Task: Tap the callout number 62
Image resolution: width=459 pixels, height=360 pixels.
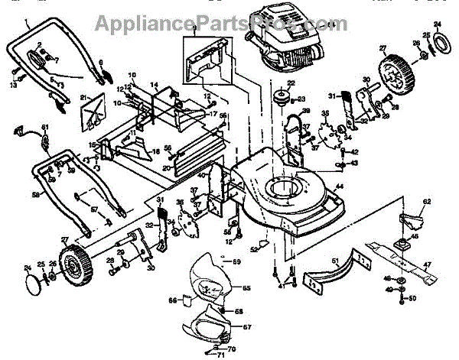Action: tap(428, 202)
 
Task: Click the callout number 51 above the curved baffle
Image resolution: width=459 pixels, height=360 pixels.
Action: tap(334, 261)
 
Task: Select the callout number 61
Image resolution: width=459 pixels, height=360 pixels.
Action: tap(44, 126)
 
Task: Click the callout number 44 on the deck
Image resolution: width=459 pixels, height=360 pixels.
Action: tap(338, 187)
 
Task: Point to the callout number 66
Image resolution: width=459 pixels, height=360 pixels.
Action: tap(172, 300)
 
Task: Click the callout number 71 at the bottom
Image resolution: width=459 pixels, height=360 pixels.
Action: tap(220, 355)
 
